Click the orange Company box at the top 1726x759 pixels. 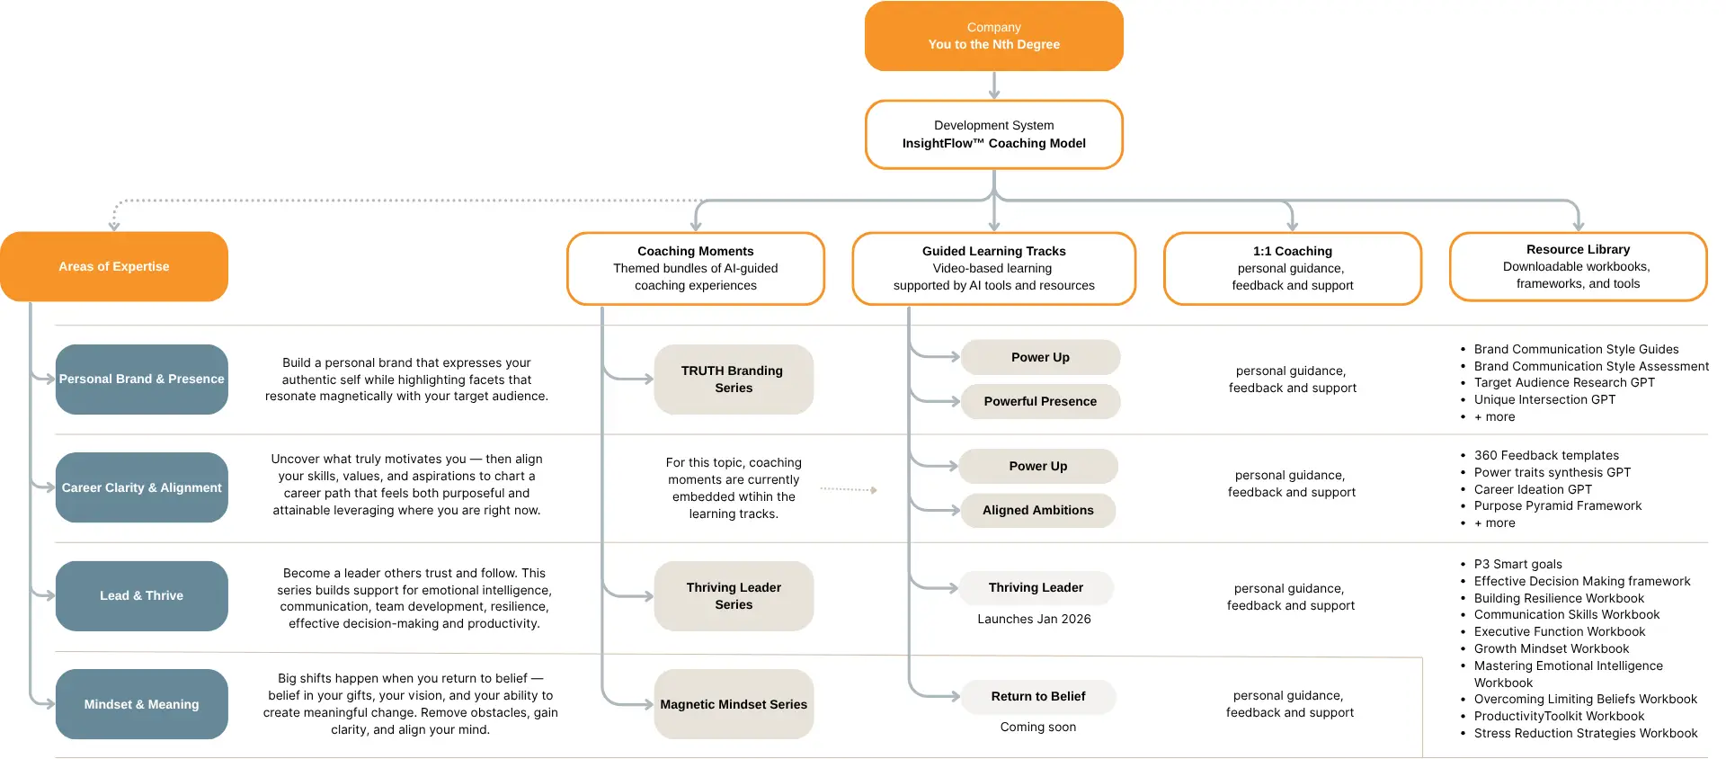(993, 36)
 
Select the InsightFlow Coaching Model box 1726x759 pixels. (993, 134)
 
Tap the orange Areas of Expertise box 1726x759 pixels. (114, 266)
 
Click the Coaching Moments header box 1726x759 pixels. (696, 268)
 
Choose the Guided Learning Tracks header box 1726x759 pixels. (993, 268)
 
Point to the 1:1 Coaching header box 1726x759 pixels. (1293, 268)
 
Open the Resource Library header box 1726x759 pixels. (1578, 266)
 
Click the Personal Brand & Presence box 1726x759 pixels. (141, 379)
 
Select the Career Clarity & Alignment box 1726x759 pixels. (141, 487)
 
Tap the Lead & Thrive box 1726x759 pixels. (141, 595)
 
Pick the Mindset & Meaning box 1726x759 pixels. (141, 704)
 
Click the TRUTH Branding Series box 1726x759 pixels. (734, 379)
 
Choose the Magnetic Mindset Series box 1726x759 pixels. (734, 704)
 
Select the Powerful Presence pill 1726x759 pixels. (1040, 401)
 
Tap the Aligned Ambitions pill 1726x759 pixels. (1037, 510)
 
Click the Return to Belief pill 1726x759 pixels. (1037, 696)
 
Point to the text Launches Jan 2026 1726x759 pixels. (1034, 619)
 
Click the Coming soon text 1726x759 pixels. (1037, 727)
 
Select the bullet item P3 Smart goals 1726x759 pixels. (1517, 564)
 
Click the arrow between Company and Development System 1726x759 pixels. (993, 85)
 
